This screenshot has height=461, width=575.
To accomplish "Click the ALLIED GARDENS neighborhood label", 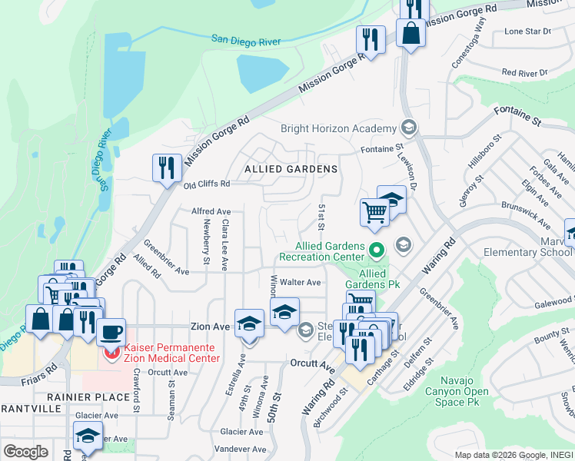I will tap(291, 168).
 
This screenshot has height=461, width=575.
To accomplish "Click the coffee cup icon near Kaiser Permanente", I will tap(112, 333).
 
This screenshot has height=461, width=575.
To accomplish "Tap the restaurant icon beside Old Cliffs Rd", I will tap(167, 167).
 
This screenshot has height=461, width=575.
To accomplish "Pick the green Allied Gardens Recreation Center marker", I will tap(377, 250).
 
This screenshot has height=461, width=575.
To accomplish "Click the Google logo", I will tap(25, 452).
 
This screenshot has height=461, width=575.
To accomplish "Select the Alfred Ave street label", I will tap(211, 211).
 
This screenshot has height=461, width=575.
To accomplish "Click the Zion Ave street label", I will tap(211, 327).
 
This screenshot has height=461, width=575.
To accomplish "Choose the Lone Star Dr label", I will tap(527, 32).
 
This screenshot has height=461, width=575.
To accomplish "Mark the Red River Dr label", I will tap(523, 72).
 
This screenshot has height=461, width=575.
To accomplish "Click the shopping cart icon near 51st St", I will tap(374, 211).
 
